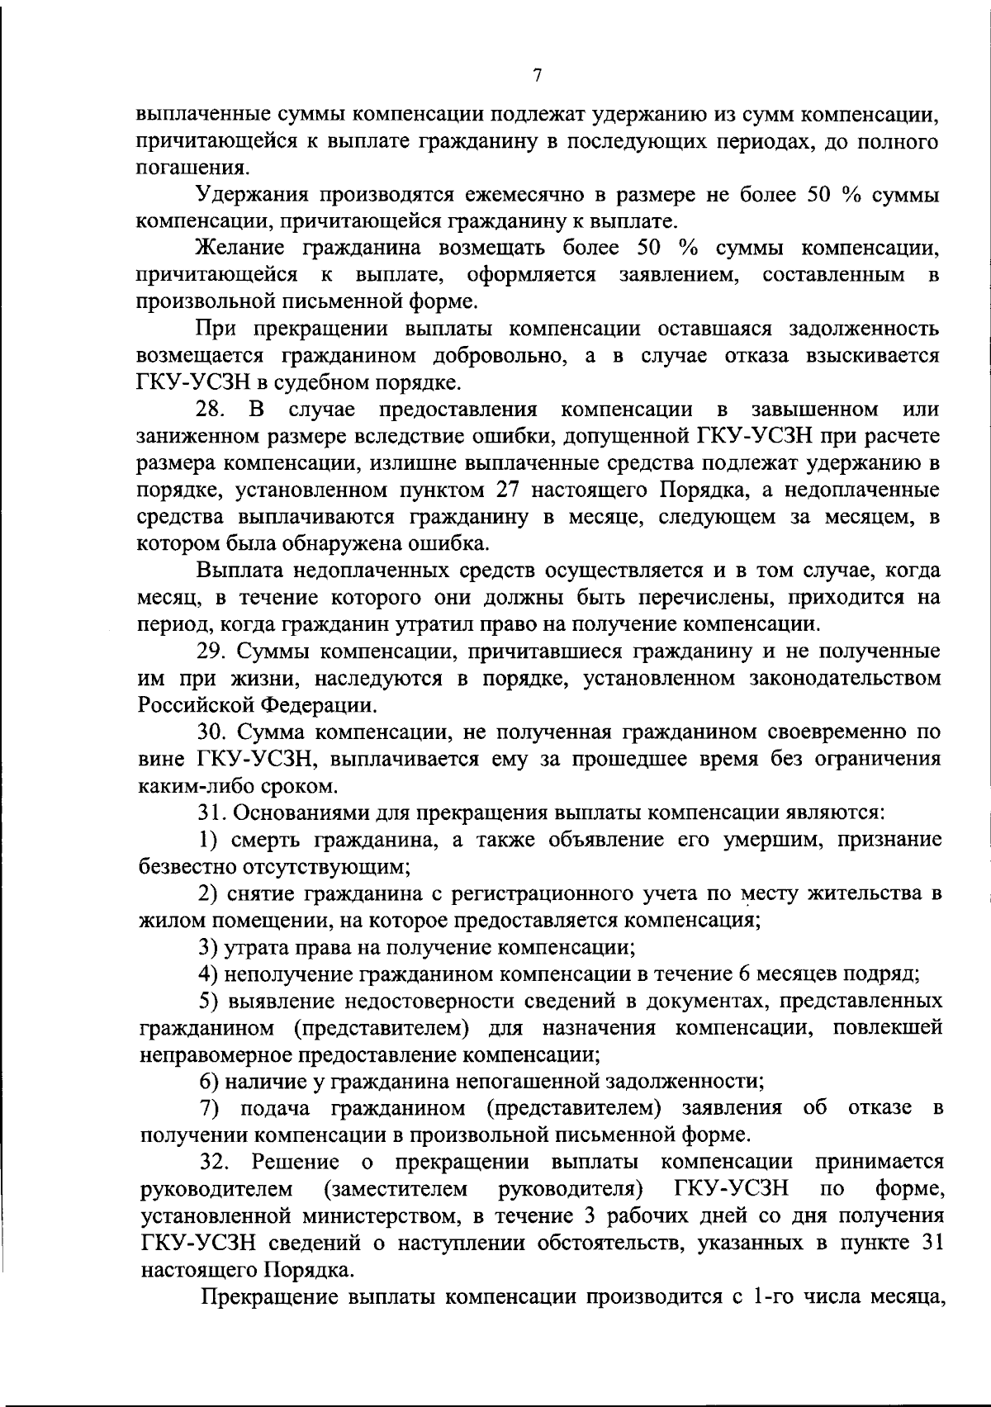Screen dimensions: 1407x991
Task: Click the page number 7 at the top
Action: click(537, 76)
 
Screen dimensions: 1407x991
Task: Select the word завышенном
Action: click(814, 410)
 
